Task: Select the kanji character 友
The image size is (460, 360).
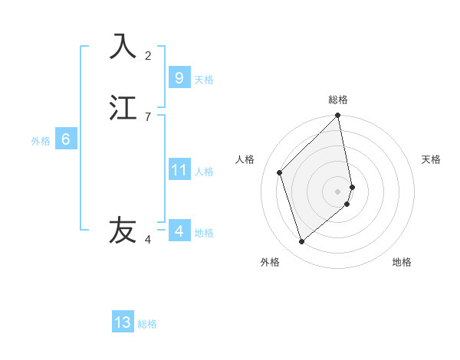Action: click(x=123, y=230)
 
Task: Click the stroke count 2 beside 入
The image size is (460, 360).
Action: click(x=148, y=55)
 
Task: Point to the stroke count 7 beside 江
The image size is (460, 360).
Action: click(x=148, y=116)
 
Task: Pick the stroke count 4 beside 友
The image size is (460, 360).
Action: click(x=148, y=240)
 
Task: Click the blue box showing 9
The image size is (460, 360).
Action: click(x=179, y=77)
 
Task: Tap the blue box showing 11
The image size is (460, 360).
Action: click(x=179, y=170)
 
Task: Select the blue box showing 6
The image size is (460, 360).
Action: click(x=66, y=139)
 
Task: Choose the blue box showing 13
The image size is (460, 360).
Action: click(x=123, y=322)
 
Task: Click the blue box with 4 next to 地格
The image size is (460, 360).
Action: click(x=179, y=231)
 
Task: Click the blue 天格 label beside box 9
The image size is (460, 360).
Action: click(x=204, y=80)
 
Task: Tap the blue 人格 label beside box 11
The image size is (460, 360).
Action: click(x=205, y=172)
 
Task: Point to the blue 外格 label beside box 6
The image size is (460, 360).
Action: click(x=41, y=141)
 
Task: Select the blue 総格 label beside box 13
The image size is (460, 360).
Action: click(x=147, y=324)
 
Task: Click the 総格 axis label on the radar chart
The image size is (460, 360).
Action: click(x=338, y=100)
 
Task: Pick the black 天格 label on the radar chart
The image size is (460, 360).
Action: click(x=432, y=159)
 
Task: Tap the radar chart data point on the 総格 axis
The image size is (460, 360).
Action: click(x=338, y=116)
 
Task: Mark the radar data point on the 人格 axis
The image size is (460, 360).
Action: click(x=280, y=172)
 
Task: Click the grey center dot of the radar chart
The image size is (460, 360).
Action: click(x=338, y=191)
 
